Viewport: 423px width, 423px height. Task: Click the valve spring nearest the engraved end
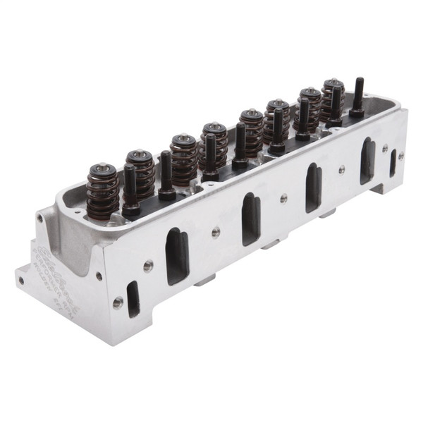[x=103, y=190]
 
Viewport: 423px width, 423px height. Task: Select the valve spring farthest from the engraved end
[x=333, y=97]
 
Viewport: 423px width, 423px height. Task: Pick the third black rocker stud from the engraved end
[x=211, y=155]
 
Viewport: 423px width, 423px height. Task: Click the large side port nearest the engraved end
[x=176, y=255]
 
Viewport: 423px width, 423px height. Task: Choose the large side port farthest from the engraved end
[x=367, y=160]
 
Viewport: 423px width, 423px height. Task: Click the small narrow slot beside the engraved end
[x=133, y=298]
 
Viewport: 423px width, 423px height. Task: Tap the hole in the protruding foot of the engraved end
[x=21, y=280]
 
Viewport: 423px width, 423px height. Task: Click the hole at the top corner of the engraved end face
[x=40, y=219]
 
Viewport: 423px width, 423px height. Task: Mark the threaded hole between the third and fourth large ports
[x=341, y=168]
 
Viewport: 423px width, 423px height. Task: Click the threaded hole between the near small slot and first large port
[x=149, y=265]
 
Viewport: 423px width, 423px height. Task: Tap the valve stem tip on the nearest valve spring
[x=103, y=167]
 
